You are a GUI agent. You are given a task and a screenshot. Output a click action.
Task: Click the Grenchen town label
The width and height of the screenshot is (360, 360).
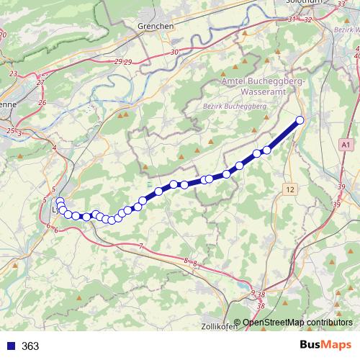pyautogui.click(x=155, y=26)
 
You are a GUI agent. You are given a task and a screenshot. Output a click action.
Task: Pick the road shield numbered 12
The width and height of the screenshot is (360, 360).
pyautogui.click(x=289, y=189)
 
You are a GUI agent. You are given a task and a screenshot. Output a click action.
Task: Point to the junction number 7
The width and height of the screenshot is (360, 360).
pyautogui.click(x=141, y=247)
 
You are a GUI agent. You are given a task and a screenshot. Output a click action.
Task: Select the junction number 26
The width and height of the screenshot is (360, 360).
pyautogui.click(x=42, y=103)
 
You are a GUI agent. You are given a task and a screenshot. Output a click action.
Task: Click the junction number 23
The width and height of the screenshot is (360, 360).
pyautogui.click(x=14, y=73)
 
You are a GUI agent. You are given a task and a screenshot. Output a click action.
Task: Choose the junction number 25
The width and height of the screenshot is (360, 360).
pyautogui.click(x=10, y=130)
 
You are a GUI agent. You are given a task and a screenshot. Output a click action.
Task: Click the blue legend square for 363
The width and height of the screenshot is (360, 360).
pyautogui.click(x=10, y=346)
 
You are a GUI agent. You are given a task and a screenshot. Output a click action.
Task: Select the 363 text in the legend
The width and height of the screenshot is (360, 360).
pyautogui.click(x=30, y=346)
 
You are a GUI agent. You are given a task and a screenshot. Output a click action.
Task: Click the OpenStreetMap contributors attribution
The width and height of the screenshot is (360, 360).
pyautogui.click(x=298, y=322)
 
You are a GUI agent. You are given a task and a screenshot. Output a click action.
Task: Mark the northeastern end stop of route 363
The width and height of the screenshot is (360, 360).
pyautogui.click(x=300, y=120)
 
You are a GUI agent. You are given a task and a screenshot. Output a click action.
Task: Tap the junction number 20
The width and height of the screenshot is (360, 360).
pyautogui.click(x=3, y=34)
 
